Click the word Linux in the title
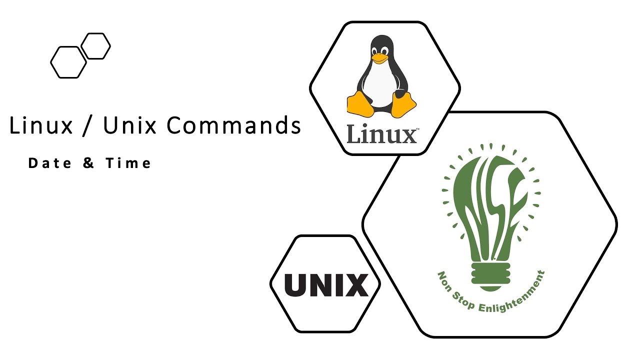[41, 125]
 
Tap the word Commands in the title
[233, 125]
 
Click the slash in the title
[88, 126]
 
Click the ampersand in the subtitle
[88, 163]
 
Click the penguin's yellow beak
[380, 58]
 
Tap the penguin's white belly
[381, 87]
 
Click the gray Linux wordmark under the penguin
[382, 134]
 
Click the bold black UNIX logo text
[326, 285]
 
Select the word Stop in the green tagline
[465, 300]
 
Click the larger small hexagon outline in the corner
[68, 62]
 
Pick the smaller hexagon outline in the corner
[95, 46]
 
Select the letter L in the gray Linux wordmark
[354, 133]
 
